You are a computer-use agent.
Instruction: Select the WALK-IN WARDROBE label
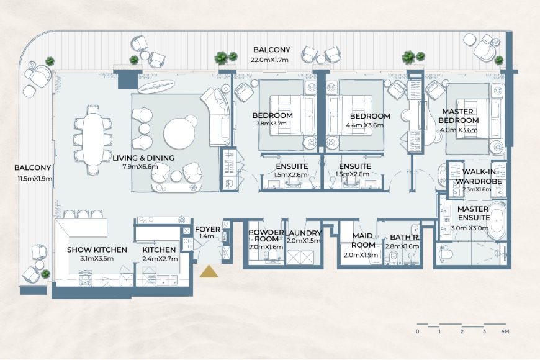(482, 177)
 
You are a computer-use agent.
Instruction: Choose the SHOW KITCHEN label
(97, 250)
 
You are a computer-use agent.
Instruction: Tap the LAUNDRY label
(304, 233)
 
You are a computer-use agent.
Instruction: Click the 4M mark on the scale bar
(505, 332)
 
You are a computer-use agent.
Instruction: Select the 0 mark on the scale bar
(418, 332)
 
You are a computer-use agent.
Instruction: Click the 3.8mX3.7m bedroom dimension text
(272, 124)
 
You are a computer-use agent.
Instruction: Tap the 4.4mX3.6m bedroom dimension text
(369, 125)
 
